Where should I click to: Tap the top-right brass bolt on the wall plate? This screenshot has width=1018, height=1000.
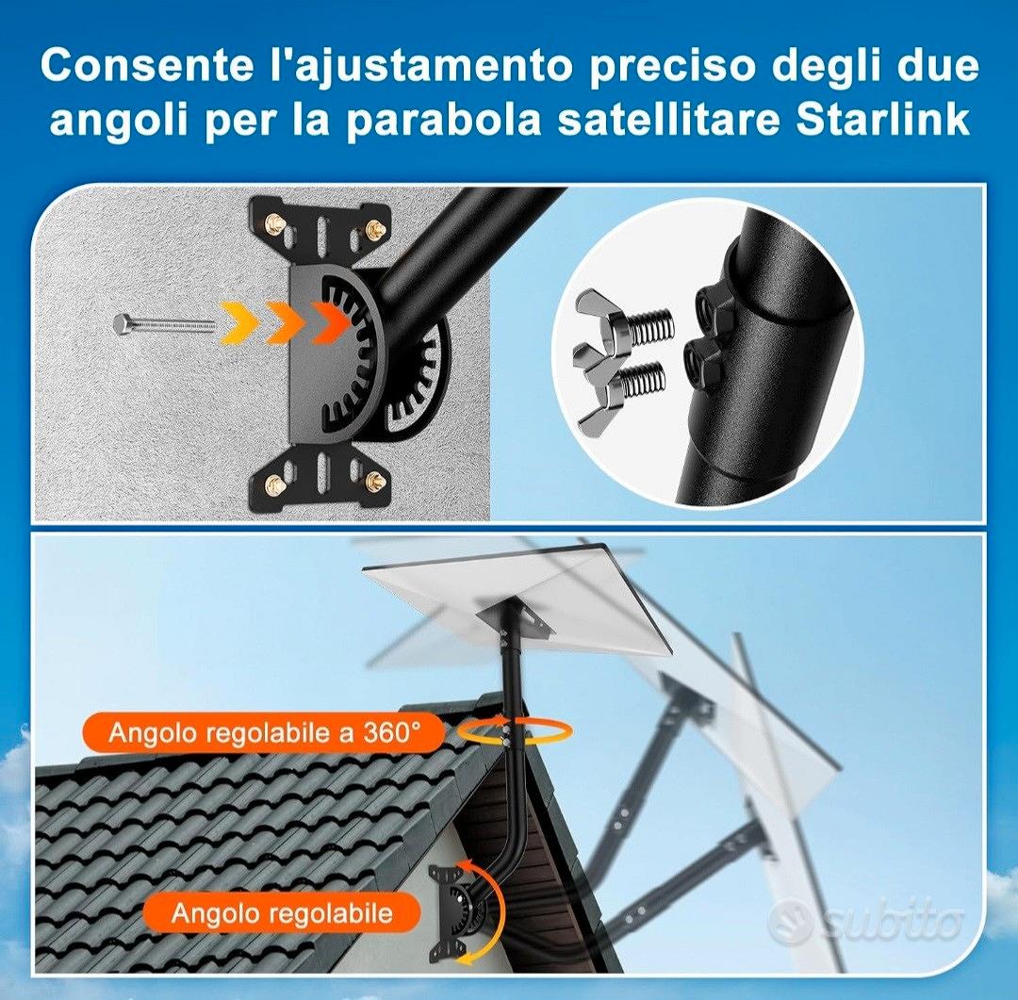coord(375,226)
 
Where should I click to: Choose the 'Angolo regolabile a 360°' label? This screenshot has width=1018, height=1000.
coord(264,732)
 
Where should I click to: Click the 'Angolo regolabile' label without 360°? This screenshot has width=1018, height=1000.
coord(281,911)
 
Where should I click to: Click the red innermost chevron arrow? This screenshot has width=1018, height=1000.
coord(330,322)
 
